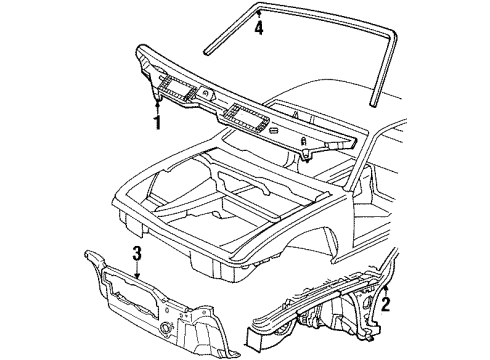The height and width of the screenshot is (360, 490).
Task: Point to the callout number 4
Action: click(258, 29)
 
